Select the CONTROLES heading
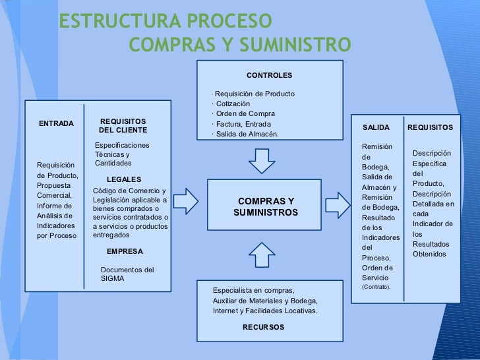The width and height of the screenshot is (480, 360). coord(269,76)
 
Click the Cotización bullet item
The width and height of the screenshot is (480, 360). coord(233,104)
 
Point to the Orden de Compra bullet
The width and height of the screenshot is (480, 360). coord(245,113)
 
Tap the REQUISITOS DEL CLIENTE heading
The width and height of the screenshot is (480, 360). coord(123,126)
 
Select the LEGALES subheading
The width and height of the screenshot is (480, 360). coord(123,179)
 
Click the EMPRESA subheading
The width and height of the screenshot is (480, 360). coord(125,251)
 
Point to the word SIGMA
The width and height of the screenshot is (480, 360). coord(112,278)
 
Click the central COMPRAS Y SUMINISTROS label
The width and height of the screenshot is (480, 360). coord(266,206)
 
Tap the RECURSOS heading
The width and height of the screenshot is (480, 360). coord(263,327)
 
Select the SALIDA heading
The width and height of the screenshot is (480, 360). coord(376,127)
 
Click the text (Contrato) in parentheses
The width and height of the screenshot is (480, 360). coord(376,287)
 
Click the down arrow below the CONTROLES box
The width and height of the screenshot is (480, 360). coord(262,159)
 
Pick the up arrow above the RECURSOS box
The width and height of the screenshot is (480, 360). coord(262,254)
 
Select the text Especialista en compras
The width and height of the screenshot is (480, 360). coord(254,290)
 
